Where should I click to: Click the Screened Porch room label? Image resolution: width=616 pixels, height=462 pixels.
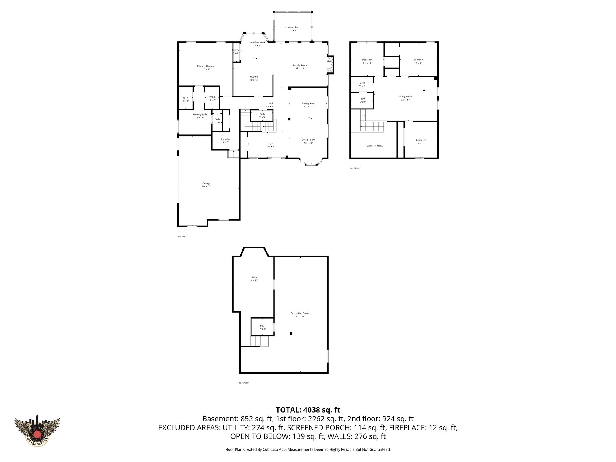point(293,29)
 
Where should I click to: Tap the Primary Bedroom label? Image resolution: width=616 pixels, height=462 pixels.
point(207,68)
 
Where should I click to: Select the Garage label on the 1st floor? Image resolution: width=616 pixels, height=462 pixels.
point(206,185)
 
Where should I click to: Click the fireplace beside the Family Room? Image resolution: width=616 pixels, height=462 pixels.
point(330,65)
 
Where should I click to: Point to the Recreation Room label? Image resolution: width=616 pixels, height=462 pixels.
point(300,315)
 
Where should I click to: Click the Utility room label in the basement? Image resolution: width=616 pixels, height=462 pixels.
point(254,279)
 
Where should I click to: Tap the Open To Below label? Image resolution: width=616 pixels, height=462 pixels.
point(375,146)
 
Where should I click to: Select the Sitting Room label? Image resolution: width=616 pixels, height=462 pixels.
point(405,98)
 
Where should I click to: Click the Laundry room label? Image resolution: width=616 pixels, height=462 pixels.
point(226,140)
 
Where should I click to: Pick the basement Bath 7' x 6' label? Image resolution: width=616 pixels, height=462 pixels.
point(263,327)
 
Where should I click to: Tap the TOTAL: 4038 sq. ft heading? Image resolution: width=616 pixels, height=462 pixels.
point(308,410)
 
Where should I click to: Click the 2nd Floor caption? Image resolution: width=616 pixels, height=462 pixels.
point(354,168)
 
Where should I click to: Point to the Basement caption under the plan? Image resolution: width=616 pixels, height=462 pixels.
point(244,383)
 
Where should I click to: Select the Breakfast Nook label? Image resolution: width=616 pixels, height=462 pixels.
point(257,44)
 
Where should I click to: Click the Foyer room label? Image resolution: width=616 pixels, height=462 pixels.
point(271,145)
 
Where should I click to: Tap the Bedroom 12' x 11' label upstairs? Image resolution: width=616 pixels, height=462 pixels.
point(418,61)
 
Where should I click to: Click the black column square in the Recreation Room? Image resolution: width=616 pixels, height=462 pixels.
point(291,334)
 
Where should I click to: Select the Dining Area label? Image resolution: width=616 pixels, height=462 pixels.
point(308,105)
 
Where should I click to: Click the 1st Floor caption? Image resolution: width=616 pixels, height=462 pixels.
point(182,236)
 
